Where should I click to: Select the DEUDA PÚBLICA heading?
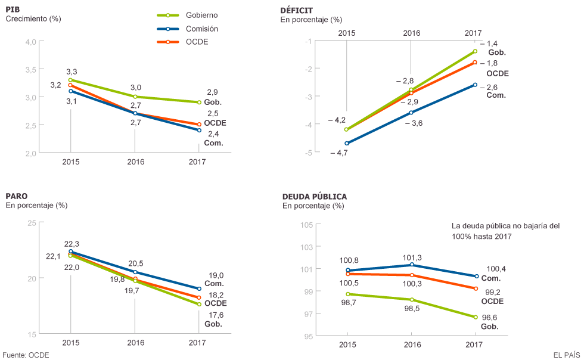coord(314,196)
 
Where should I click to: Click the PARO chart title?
coord(16,195)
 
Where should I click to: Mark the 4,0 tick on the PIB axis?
coord(30,41)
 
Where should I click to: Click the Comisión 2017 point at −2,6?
coord(475,85)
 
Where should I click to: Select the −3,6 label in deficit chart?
coord(414,123)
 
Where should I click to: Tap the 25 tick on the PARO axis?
coord(32,222)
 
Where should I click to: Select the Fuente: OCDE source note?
coord(26,355)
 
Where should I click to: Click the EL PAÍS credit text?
coord(566,355)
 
